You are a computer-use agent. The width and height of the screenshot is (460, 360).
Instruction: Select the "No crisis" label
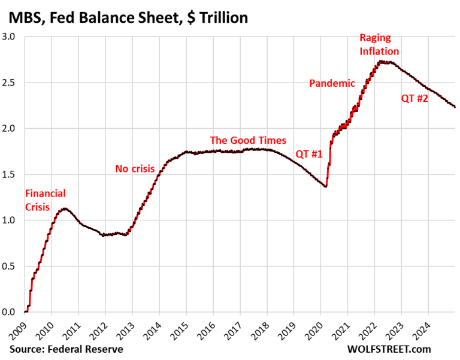[x=135, y=169]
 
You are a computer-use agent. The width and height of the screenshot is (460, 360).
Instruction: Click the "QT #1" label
[x=310, y=154]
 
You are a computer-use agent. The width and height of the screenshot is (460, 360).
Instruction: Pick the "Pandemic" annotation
[x=332, y=83]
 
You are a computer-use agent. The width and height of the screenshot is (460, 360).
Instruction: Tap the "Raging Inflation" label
[x=379, y=44]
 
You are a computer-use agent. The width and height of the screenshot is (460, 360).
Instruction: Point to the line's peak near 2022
[x=382, y=62]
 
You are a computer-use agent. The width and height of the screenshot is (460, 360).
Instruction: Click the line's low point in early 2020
[x=325, y=186]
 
